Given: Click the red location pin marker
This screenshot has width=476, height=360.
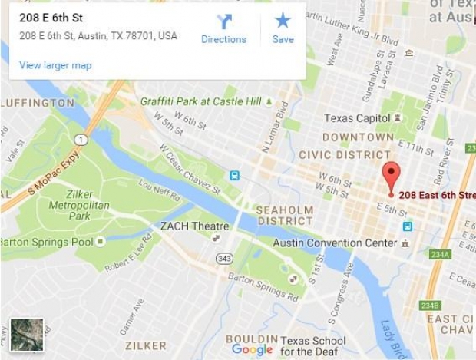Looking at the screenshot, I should (392, 176).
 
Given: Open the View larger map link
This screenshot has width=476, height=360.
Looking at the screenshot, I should (55, 65).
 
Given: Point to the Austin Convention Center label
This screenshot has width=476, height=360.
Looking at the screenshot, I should (336, 243).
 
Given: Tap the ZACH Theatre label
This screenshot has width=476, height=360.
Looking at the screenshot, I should (194, 226).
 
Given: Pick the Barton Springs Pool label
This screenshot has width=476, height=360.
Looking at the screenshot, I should (46, 242).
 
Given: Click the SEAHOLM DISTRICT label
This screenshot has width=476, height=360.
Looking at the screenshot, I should (284, 216).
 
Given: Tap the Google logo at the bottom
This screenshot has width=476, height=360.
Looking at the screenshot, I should (252, 350).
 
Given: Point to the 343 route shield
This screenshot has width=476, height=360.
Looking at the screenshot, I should (224, 259).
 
